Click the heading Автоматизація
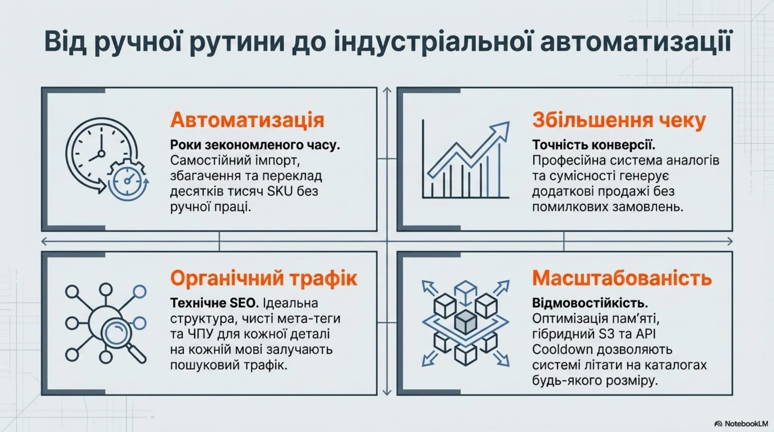coord(247,120)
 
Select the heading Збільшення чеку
coord(619,120)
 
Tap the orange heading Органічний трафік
coord(264,278)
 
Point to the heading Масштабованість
coord(622,278)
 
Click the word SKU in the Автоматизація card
coord(280,191)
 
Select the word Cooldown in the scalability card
coord(562,349)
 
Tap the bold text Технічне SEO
coord(208,303)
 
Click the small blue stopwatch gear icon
coord(128,180)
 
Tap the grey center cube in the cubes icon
coord(466,322)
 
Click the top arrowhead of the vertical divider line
coord(387,91)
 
